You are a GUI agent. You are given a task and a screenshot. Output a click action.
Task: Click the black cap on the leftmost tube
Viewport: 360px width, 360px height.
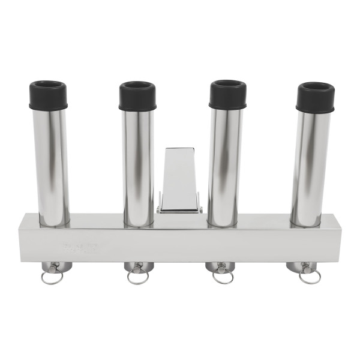(48, 98)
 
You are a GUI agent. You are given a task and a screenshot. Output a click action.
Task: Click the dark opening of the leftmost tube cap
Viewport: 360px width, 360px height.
(48, 86)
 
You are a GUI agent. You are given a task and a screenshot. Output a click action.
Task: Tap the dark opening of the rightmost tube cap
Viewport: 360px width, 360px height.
(316, 88)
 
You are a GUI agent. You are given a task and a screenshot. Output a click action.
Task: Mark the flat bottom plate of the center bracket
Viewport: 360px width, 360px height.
(179, 209)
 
